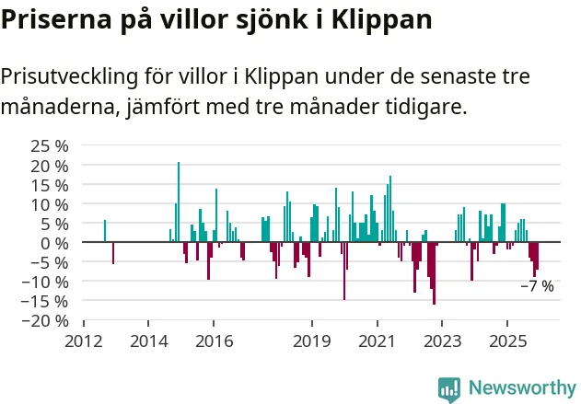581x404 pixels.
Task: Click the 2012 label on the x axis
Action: (x=84, y=339)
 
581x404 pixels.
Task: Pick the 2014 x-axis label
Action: (x=149, y=339)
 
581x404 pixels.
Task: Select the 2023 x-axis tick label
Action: (x=442, y=339)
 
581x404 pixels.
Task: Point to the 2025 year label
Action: (x=507, y=339)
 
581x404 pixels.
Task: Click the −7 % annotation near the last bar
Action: (x=537, y=286)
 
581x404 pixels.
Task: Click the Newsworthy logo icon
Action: (x=449, y=387)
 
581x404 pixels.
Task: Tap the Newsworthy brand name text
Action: (x=521, y=387)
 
